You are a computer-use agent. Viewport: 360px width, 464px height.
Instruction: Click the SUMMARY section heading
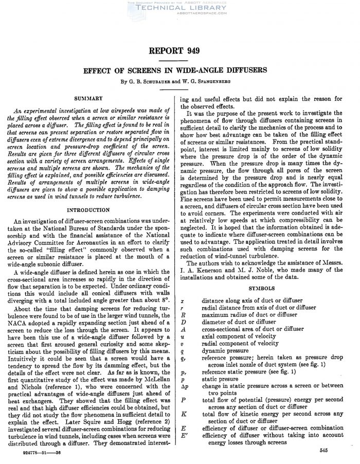point(87,98)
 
